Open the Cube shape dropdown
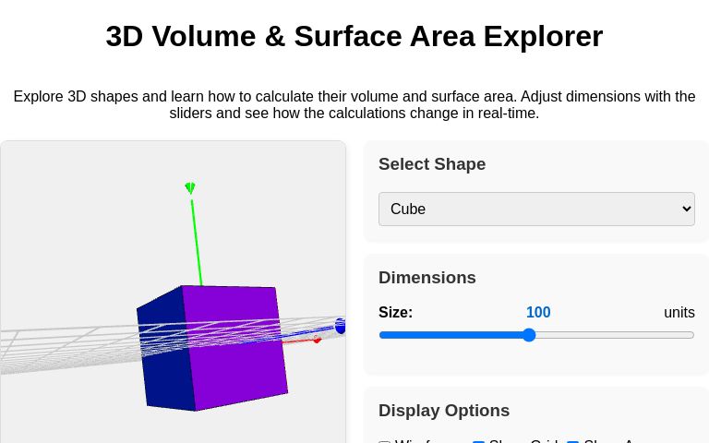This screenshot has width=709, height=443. point(536,209)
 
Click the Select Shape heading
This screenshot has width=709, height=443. point(432,164)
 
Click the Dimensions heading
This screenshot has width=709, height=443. point(427,278)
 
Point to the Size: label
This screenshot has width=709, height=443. point(395,313)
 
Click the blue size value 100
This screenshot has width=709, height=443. point(538,313)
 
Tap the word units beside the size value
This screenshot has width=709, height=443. point(679,313)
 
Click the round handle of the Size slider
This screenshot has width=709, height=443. point(529,335)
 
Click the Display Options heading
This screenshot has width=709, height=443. point(444,411)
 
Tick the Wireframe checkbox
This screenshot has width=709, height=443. point(385,441)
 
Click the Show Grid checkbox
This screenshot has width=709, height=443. point(478,441)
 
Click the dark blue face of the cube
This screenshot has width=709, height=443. point(163,349)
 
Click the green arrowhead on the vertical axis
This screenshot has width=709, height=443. point(190,188)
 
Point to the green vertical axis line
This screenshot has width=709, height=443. point(196,240)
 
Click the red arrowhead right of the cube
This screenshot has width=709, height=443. point(317,340)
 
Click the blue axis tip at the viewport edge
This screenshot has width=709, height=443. point(340,326)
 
